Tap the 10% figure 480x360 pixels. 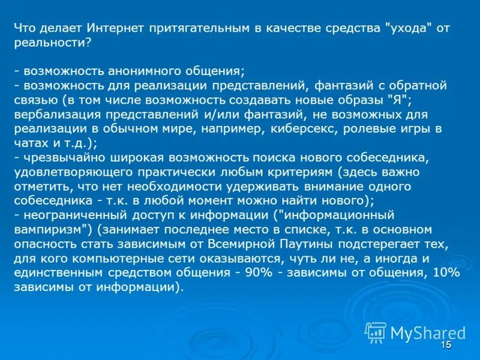(447, 273)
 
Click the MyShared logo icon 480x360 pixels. (376, 332)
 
